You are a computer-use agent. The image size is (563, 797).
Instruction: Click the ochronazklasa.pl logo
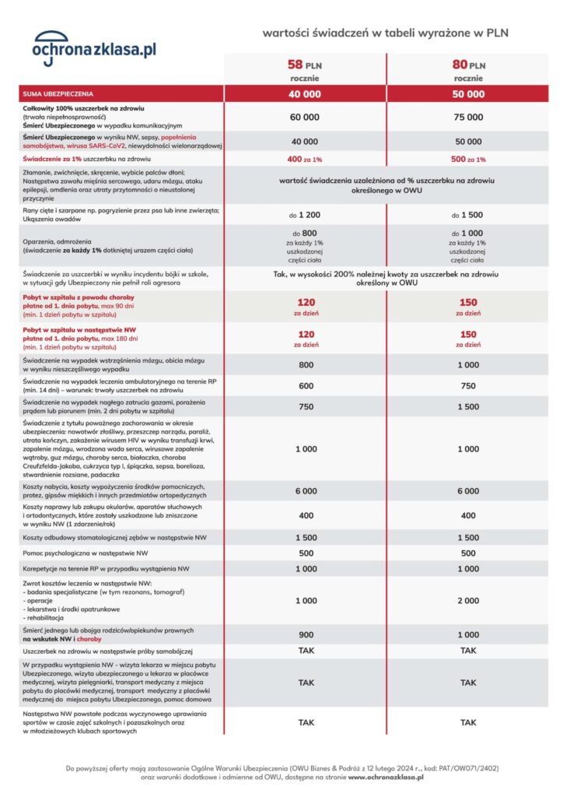94,47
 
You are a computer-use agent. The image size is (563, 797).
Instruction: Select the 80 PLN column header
468,65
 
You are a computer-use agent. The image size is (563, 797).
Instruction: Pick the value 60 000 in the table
305,117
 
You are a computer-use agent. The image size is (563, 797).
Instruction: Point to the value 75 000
468,117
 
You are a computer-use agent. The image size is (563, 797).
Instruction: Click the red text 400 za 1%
305,159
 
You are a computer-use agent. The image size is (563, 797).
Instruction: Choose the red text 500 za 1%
468,159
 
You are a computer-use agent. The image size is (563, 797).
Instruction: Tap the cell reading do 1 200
305,215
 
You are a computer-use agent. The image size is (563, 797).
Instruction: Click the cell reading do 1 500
468,215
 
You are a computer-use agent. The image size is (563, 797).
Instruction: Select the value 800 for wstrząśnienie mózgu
305,364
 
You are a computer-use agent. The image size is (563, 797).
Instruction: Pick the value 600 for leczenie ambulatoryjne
305,385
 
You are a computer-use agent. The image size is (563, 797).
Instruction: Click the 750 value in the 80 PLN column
468,385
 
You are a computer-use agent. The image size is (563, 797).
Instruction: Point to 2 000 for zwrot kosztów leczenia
468,601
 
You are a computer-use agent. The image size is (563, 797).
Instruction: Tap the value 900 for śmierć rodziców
305,635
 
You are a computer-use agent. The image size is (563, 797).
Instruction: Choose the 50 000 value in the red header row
468,93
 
